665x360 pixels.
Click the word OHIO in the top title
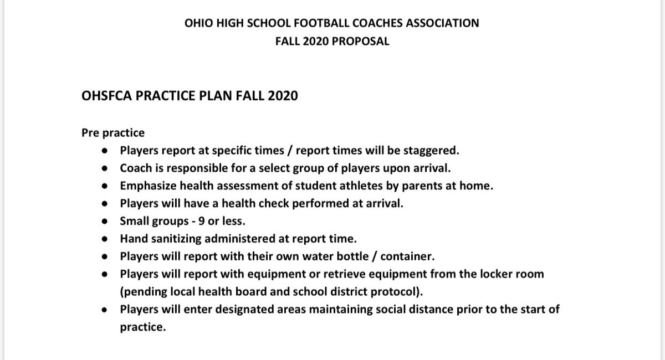pos(197,23)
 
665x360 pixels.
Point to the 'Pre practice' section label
pos(113,133)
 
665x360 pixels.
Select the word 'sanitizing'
pos(172,239)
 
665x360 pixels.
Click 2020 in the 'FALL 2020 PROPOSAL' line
pos(313,42)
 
